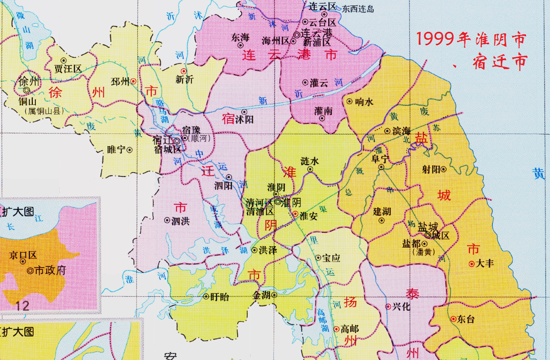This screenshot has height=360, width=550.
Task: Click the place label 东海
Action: point(240,37)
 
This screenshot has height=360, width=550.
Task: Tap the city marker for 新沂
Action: point(183,71)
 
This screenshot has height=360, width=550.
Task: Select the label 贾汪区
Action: point(68,69)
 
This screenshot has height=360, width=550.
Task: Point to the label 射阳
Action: point(431,169)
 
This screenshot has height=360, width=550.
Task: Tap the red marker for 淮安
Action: point(295,214)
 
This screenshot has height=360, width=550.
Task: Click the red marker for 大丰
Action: point(471,264)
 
